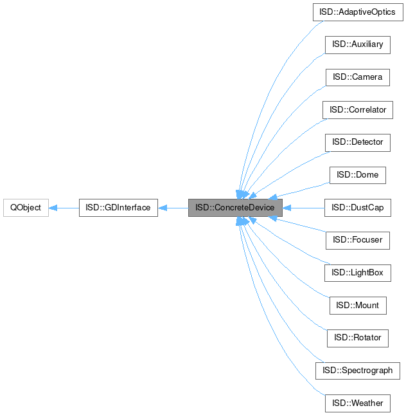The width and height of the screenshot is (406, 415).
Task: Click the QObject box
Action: pos(26,208)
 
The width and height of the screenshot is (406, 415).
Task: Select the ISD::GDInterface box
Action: pos(118,208)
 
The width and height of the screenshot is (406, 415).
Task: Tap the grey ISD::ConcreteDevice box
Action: pos(235,208)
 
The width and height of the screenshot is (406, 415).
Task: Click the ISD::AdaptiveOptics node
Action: pos(358,12)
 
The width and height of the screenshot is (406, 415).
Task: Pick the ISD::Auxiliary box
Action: pos(358,44)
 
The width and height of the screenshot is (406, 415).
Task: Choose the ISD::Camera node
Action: pos(358,77)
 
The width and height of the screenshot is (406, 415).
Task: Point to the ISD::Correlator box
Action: pos(358,110)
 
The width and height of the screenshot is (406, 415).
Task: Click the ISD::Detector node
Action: pos(358,142)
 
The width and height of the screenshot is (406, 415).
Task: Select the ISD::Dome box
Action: pos(358,175)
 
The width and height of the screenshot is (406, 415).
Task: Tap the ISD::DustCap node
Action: pos(358,208)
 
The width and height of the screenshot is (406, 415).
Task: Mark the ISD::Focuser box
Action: pos(358,240)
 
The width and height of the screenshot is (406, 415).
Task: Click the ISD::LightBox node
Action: pos(358,273)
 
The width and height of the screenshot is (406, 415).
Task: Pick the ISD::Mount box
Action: pos(358,306)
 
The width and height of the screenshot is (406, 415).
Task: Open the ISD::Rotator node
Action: pos(358,338)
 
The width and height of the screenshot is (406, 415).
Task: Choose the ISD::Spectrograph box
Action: pos(358,371)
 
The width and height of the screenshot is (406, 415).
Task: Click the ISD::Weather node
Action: pos(358,403)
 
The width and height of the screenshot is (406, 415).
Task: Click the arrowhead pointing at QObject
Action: pos(54,208)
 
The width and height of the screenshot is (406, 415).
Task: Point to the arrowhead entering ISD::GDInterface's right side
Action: pos(163,208)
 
